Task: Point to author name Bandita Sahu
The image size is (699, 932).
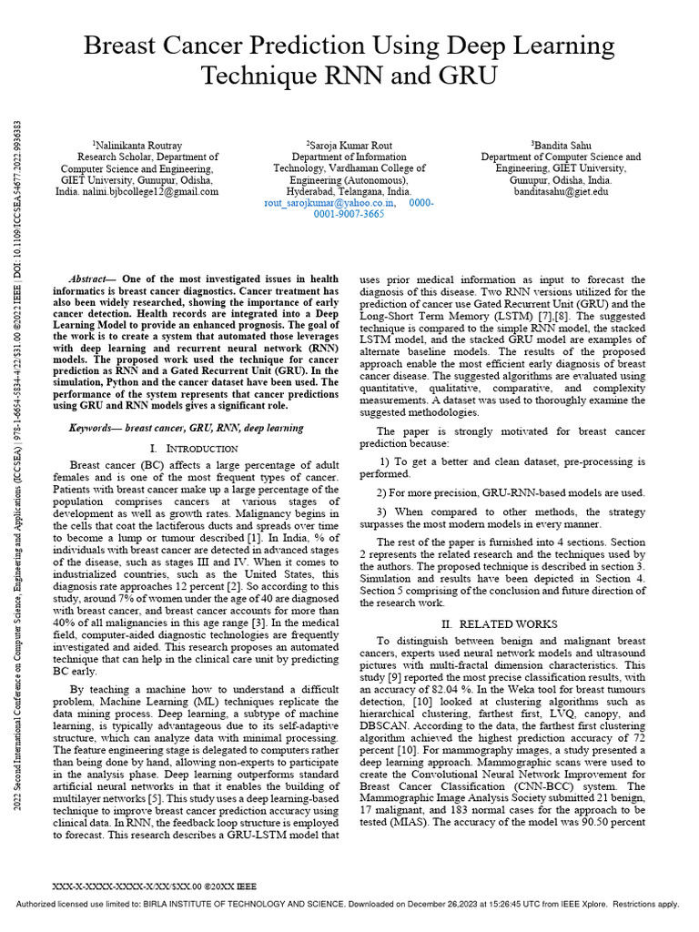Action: [x=562, y=145]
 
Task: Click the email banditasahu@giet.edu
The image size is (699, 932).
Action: [x=561, y=193]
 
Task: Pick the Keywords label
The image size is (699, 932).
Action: [x=94, y=428]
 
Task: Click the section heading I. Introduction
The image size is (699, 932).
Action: [x=195, y=449]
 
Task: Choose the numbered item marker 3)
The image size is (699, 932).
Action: [x=382, y=512]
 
